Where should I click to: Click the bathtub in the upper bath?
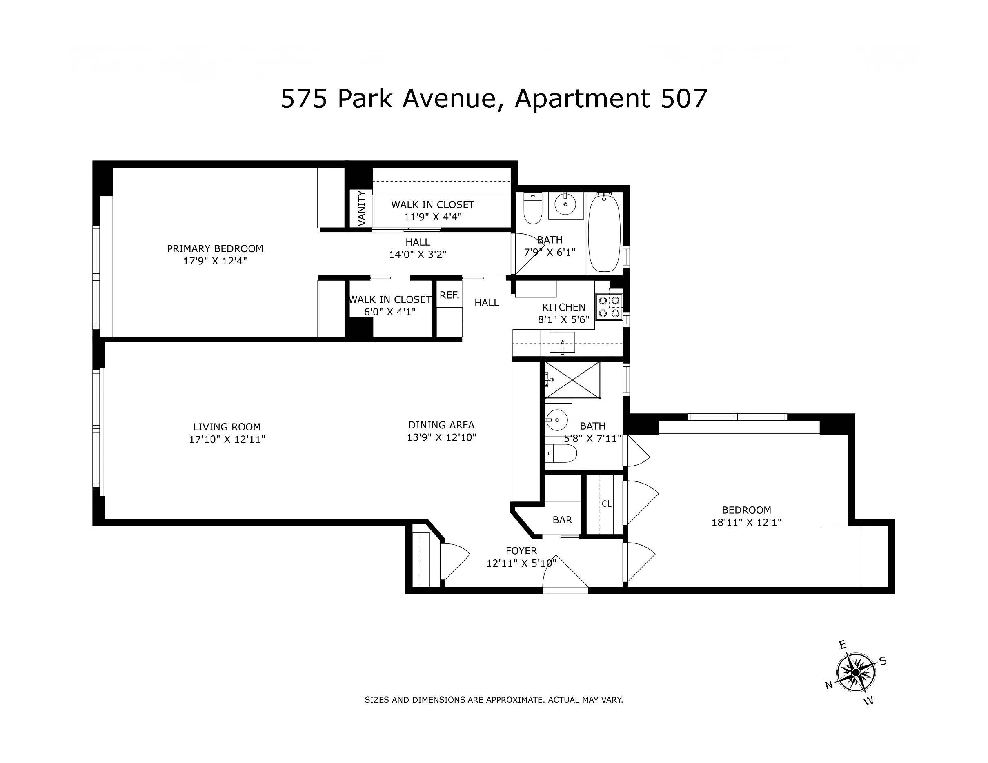coord(605,234)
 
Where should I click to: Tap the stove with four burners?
coord(609,307)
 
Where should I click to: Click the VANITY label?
coord(361,208)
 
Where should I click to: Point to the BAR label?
coord(562,520)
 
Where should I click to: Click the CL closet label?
coord(606,503)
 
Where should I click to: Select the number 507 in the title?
coord(683,99)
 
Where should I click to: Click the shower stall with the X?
coord(573,380)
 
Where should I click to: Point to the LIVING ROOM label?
coord(227,427)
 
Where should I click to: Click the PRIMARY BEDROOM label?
coord(215,248)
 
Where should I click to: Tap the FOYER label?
coord(521,550)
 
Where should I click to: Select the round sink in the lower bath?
coord(556,420)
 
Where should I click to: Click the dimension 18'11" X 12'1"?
coord(746,522)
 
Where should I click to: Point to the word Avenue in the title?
coord(451,99)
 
